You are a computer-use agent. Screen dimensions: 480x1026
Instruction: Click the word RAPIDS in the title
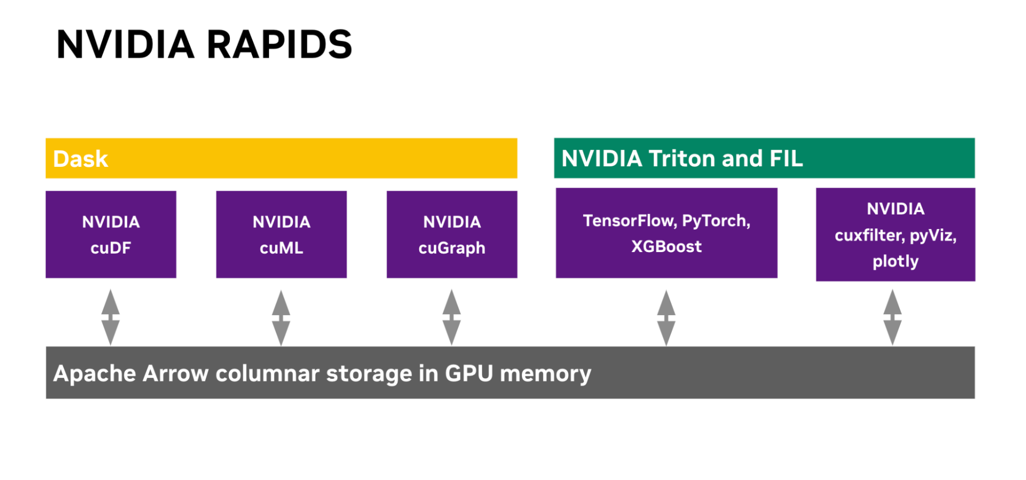279,45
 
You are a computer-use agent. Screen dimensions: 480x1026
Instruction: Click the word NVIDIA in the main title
125,45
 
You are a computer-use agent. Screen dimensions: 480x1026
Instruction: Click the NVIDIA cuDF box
111,235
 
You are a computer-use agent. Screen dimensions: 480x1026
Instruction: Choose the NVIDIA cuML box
281,235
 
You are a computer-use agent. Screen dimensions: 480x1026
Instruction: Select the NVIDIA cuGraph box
452,235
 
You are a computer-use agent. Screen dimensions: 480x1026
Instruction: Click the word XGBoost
666,246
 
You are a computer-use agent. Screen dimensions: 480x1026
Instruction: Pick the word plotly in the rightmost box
896,261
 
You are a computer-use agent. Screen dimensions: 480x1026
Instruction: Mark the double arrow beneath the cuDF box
110,317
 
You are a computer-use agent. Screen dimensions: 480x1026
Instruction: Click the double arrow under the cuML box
281,317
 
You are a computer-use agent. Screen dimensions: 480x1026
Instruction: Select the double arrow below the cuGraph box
452,317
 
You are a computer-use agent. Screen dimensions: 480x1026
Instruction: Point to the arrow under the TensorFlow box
666,317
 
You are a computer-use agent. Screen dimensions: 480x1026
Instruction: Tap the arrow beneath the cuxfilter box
893,317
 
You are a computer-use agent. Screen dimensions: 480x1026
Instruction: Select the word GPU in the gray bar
469,373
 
